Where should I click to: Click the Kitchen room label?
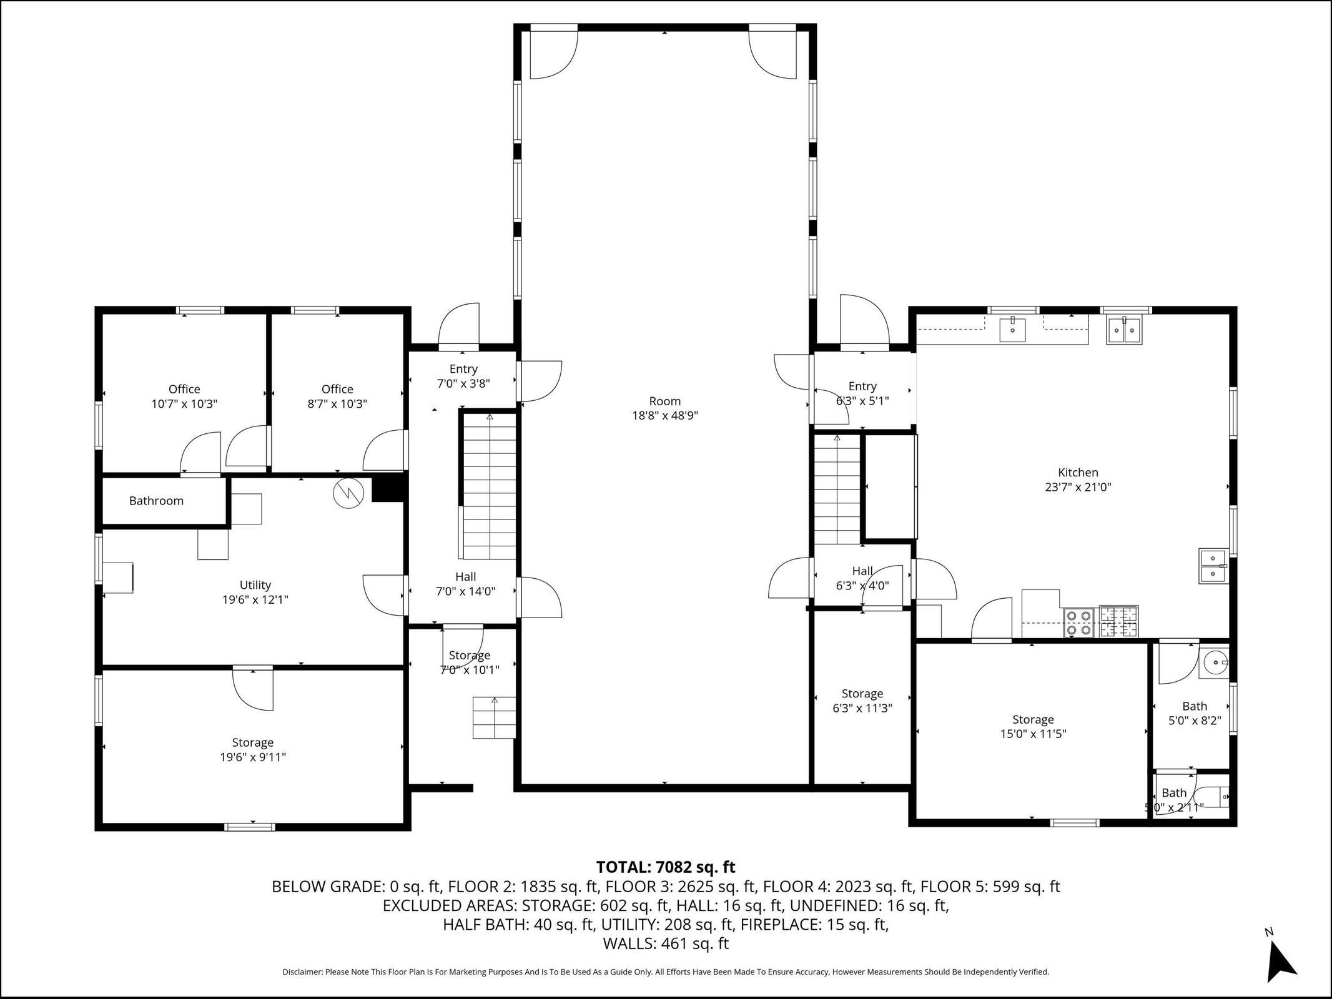[1078, 473]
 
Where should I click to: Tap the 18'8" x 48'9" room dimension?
[665, 416]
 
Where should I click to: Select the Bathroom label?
[156, 501]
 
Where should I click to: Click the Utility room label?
[255, 585]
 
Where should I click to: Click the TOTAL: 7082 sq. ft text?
[666, 867]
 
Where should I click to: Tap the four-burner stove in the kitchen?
[1078, 622]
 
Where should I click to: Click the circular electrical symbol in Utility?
[348, 493]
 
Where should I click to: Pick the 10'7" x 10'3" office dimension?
[184, 404]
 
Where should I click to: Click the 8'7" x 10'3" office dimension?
[337, 404]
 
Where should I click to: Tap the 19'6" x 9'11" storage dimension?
[253, 757]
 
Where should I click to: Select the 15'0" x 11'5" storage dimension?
[1033, 734]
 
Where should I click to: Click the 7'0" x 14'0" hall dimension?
[466, 591]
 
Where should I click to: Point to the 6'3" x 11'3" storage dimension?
[862, 708]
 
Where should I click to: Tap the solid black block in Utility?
[388, 490]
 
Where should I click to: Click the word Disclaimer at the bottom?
[302, 972]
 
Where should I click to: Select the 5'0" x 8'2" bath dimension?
[1195, 721]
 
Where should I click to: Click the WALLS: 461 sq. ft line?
[666, 943]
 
